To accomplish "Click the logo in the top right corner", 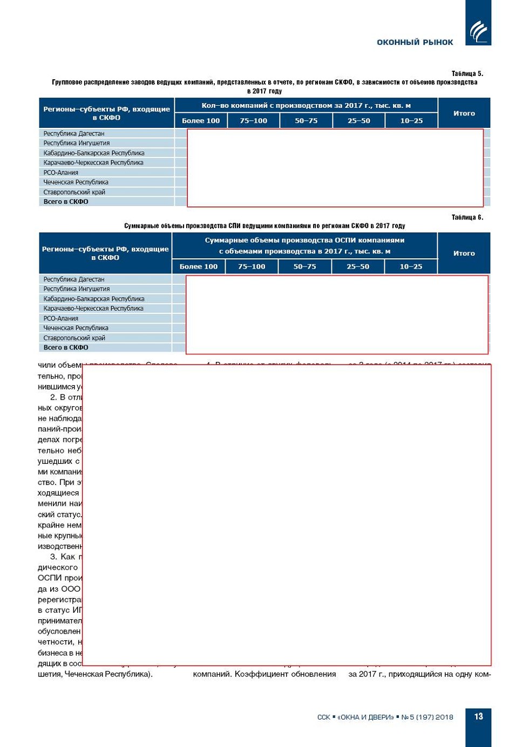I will pyautogui.click(x=478, y=30).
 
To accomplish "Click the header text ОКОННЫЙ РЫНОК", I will pyautogui.click(x=415, y=42).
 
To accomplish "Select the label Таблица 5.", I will pyautogui.click(x=467, y=73).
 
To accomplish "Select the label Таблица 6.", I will pyautogui.click(x=467, y=217).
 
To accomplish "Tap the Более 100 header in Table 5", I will pyautogui.click(x=201, y=121).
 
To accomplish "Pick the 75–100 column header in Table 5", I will pyautogui.click(x=253, y=121).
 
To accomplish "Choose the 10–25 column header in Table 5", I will pyautogui.click(x=411, y=121).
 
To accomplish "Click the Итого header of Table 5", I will pyautogui.click(x=464, y=113).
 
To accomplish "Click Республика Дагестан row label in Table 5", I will pyautogui.click(x=74, y=133).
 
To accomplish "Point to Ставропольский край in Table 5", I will pyautogui.click(x=74, y=192).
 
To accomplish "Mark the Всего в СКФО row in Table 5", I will pyautogui.click(x=66, y=202).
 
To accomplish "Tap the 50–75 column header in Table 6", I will pyautogui.click(x=305, y=266).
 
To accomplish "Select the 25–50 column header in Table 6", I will pyautogui.click(x=358, y=266).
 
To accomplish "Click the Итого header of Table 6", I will pyautogui.click(x=464, y=253).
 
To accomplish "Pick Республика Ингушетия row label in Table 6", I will pyautogui.click(x=77, y=289).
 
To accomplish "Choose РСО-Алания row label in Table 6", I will pyautogui.click(x=61, y=318).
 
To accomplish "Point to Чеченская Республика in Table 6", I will pyautogui.click(x=76, y=328).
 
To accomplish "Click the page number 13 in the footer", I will pyautogui.click(x=478, y=716).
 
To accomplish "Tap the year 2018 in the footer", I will pyautogui.click(x=444, y=717).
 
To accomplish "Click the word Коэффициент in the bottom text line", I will pyautogui.click(x=258, y=674).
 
